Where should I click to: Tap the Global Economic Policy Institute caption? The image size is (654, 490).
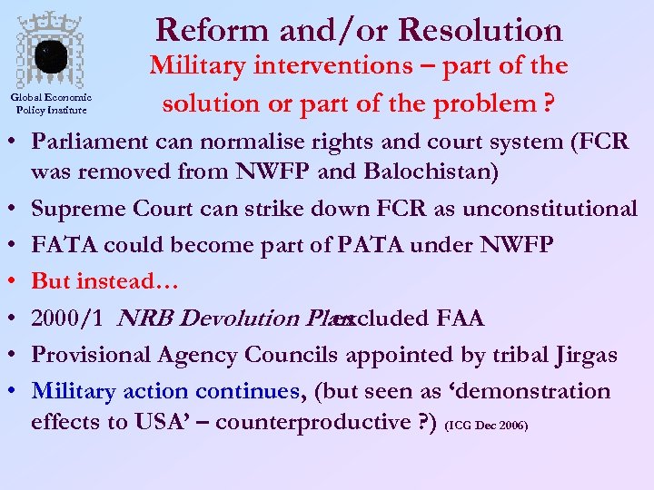51,104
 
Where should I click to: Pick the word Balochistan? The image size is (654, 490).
424,171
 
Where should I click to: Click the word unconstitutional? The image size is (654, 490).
550,209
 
